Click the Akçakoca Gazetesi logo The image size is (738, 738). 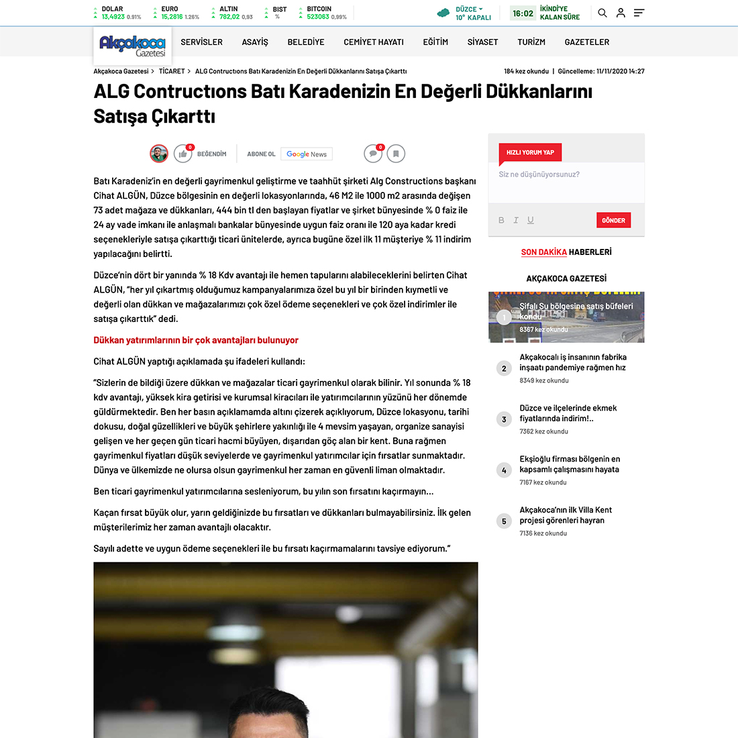tap(132, 46)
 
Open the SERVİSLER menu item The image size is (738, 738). tap(201, 42)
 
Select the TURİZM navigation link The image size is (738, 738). tap(531, 42)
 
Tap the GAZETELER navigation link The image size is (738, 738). tap(587, 42)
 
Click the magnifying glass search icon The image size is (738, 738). tap(602, 13)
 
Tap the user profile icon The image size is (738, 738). tap(621, 13)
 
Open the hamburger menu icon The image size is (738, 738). tap(639, 13)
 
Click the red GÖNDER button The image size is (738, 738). tap(613, 220)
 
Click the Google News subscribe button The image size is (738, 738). tap(307, 154)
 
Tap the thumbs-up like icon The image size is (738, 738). tap(182, 154)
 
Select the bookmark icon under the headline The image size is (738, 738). tap(396, 154)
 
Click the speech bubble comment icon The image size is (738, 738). tap(373, 154)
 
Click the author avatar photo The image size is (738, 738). tap(159, 154)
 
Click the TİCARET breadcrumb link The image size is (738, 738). tap(172, 71)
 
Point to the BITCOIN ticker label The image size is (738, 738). tap(319, 9)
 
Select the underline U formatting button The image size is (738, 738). tap(531, 220)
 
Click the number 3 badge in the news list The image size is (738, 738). tap(504, 419)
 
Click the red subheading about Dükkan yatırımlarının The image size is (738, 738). tap(196, 340)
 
